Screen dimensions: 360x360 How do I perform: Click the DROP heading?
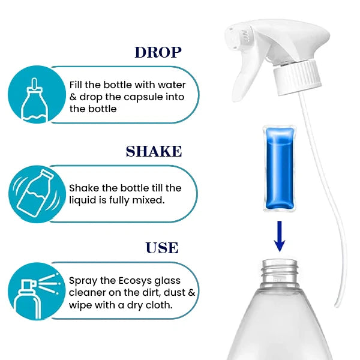(x=158, y=52)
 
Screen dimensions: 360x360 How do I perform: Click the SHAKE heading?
(x=154, y=151)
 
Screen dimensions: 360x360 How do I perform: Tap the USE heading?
(x=162, y=248)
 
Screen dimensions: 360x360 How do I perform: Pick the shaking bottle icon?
(x=35, y=193)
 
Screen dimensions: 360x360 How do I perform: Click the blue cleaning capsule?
(x=280, y=168)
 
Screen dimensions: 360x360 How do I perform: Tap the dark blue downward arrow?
(x=280, y=236)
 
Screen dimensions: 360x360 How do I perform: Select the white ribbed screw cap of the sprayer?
(x=297, y=77)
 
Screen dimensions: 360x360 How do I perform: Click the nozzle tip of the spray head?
(x=232, y=38)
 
